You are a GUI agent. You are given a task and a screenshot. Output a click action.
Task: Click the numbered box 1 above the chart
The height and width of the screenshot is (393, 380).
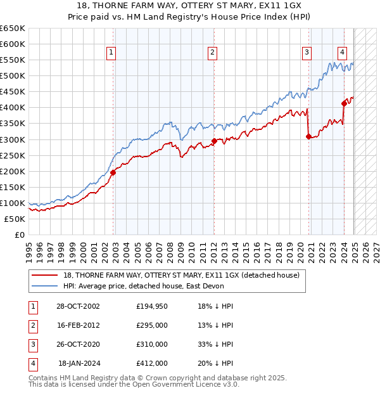tap(111, 53)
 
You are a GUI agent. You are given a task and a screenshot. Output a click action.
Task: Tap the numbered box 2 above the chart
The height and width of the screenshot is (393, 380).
tap(212, 53)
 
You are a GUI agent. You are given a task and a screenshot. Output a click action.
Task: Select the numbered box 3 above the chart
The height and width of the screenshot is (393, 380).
tap(307, 53)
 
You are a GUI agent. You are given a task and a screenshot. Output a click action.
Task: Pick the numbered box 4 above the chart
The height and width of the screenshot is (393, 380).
tap(342, 53)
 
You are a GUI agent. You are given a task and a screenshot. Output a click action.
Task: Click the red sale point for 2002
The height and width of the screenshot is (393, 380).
tap(113, 172)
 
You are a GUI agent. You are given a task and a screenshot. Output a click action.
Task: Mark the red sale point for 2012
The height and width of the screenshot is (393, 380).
tap(214, 141)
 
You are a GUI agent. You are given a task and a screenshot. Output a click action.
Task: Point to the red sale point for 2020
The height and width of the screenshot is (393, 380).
tap(308, 136)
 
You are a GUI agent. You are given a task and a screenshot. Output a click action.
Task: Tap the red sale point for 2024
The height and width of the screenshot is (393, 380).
tap(344, 103)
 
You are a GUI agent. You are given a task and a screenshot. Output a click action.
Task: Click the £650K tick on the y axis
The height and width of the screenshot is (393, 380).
tap(13, 29)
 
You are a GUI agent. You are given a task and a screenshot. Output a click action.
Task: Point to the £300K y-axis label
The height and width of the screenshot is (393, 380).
tap(13, 139)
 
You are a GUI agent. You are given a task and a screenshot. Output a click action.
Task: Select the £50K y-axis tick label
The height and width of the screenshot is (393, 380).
tap(15, 219)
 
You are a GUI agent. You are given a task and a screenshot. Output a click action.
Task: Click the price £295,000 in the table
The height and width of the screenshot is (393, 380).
tap(152, 325)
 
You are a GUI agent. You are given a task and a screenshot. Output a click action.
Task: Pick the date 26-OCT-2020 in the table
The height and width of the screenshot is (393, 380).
tap(78, 344)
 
